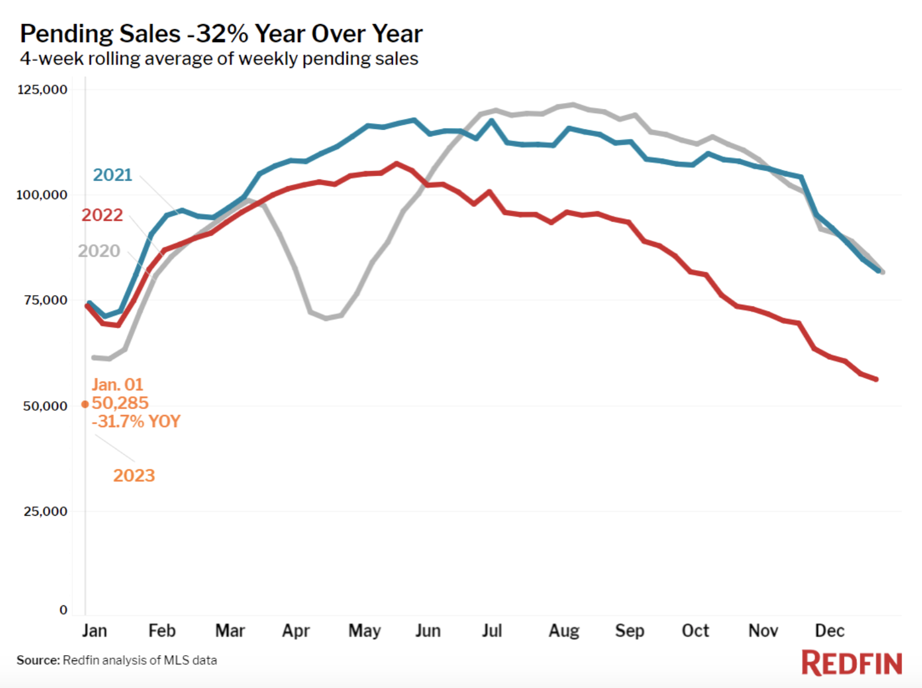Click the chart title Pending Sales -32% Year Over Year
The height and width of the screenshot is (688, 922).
pyautogui.click(x=221, y=34)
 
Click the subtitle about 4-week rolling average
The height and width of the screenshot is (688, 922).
pyautogui.click(x=219, y=59)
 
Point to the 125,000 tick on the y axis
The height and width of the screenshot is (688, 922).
pyautogui.click(x=42, y=90)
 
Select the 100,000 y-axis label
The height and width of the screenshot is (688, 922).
pyautogui.click(x=42, y=195)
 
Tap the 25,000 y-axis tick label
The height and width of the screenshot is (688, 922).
pyautogui.click(x=45, y=512)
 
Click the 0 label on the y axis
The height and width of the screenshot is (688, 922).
pyautogui.click(x=63, y=610)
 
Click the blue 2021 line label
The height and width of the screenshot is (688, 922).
pyautogui.click(x=113, y=175)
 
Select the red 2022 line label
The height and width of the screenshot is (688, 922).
pyautogui.click(x=102, y=215)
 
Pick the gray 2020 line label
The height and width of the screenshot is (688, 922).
pyautogui.click(x=99, y=251)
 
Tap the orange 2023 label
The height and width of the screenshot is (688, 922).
pyautogui.click(x=134, y=475)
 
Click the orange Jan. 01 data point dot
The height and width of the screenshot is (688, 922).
pyautogui.click(x=85, y=404)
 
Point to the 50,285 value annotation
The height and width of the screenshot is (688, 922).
pyautogui.click(x=120, y=403)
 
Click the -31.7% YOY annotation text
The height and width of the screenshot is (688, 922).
pyautogui.click(x=136, y=421)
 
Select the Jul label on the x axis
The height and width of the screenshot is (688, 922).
pyautogui.click(x=491, y=631)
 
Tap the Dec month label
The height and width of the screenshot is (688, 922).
pyautogui.click(x=829, y=631)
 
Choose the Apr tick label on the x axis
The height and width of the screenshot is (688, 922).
pyautogui.click(x=296, y=631)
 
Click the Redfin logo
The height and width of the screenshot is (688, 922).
pyautogui.click(x=852, y=663)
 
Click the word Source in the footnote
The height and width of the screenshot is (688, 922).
pyautogui.click(x=38, y=660)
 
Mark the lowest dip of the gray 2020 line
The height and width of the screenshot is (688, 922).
pyautogui.click(x=326, y=318)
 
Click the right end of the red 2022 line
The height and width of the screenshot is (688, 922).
pyautogui.click(x=876, y=380)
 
